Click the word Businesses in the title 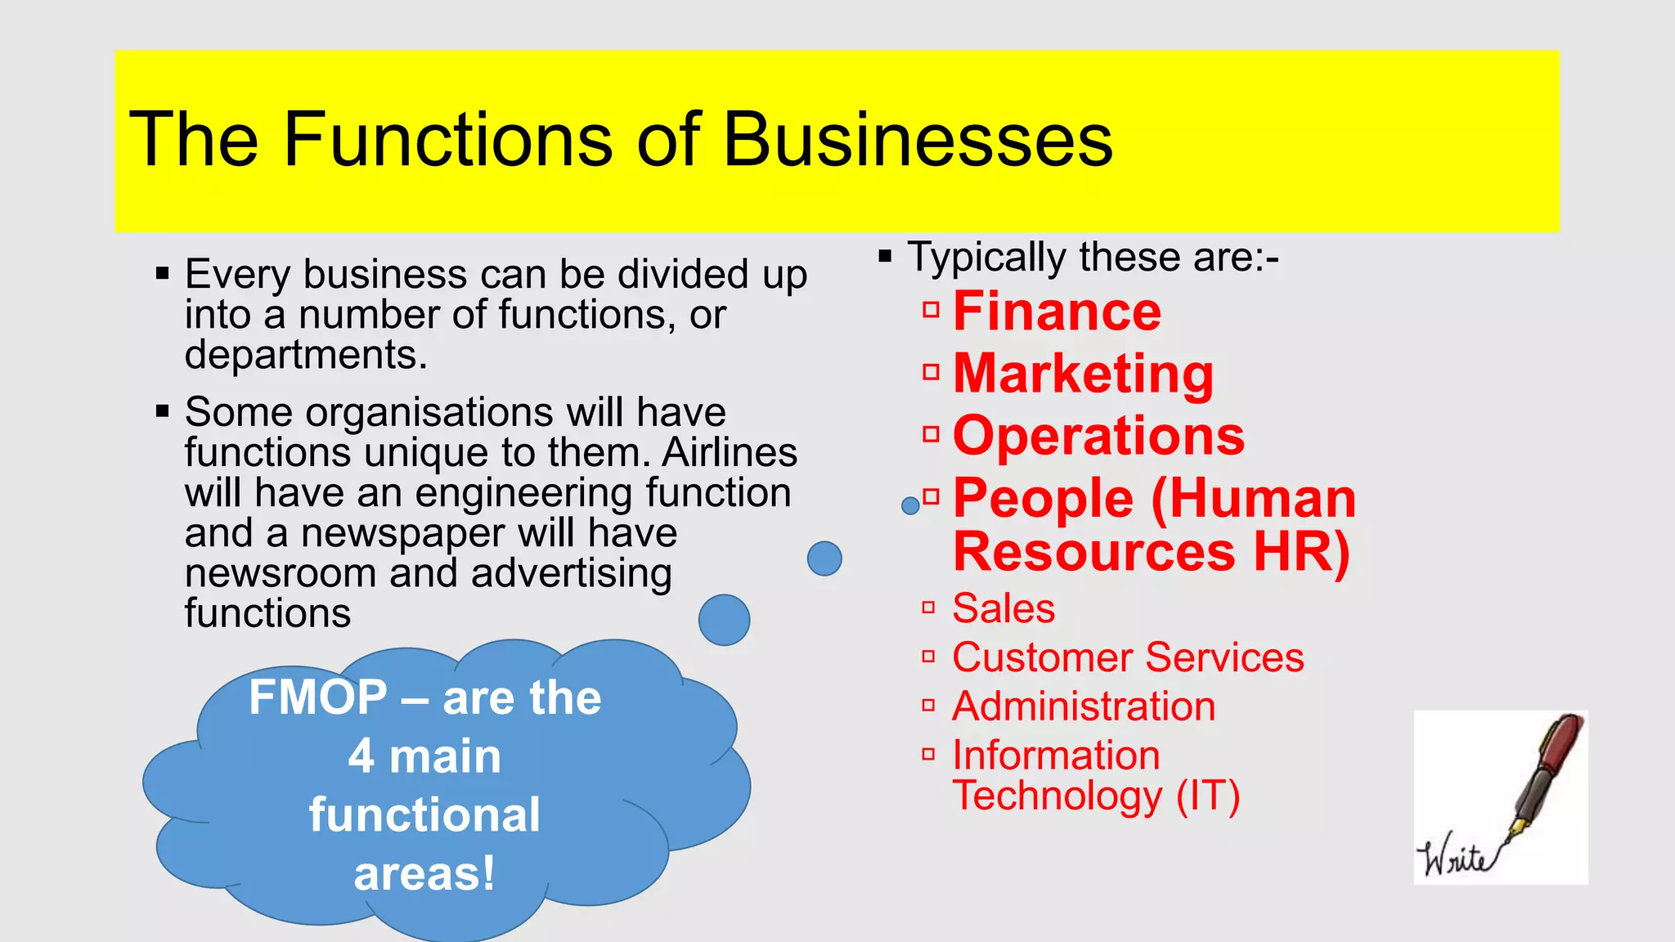tap(918, 140)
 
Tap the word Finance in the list tap(1057, 312)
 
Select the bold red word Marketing tap(1084, 374)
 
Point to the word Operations tap(1098, 436)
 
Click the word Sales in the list tap(1004, 608)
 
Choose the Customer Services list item tap(1128, 657)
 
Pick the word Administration tap(1084, 706)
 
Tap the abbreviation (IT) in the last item tap(1208, 796)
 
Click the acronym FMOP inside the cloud tap(318, 698)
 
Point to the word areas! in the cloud tap(424, 873)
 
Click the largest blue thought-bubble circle tap(724, 620)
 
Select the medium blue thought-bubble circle tap(824, 558)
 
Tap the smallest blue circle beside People tap(910, 506)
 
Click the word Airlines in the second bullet tap(730, 452)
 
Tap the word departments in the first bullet tap(302, 356)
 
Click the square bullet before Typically tap(885, 258)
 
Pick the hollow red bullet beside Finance tap(931, 310)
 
